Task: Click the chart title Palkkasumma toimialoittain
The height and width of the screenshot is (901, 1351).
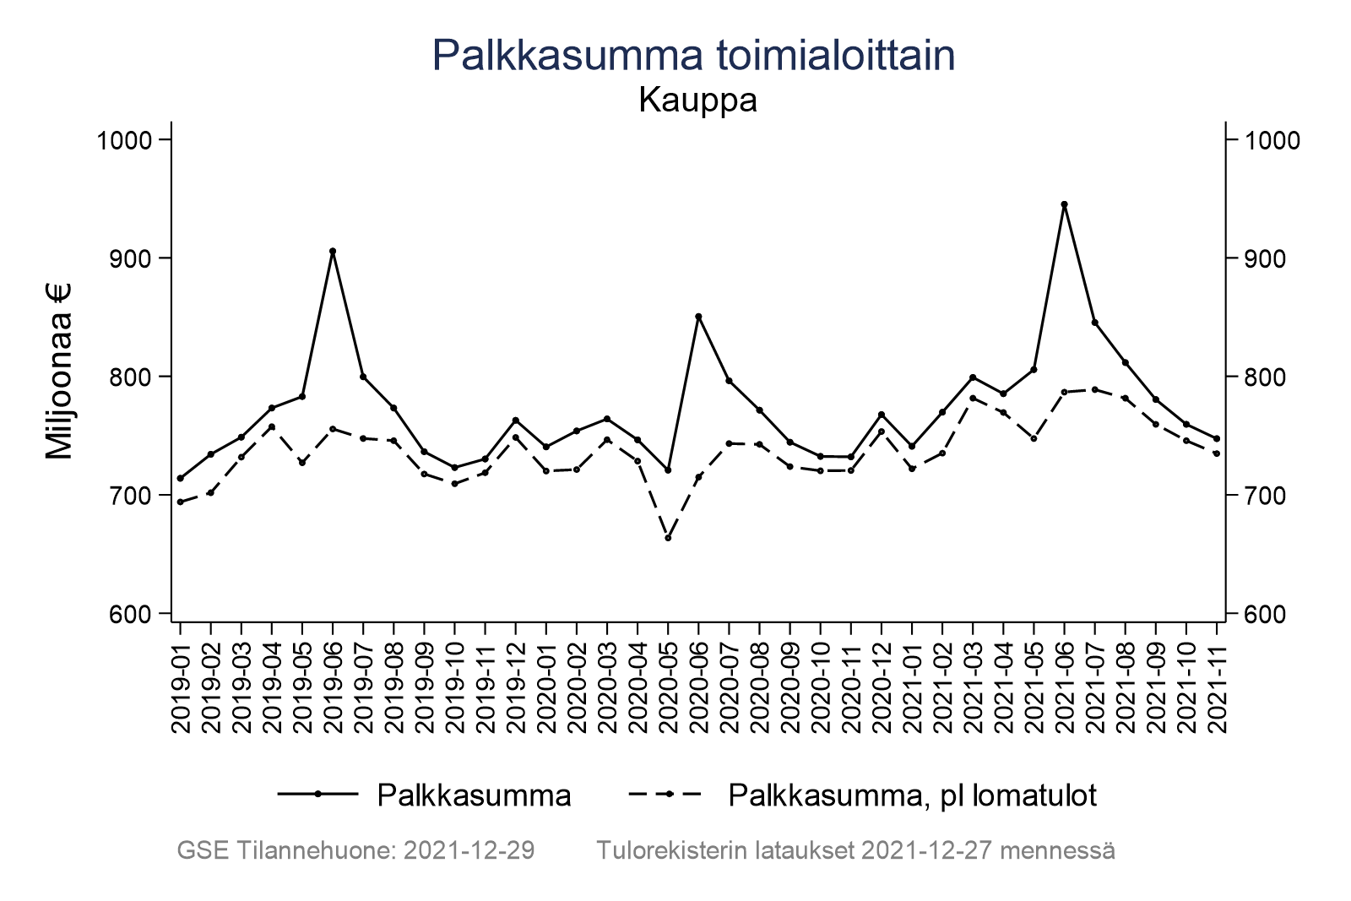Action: coord(693,56)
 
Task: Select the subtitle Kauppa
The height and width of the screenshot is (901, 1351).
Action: coord(697,100)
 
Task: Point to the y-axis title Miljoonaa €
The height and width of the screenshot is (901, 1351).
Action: coord(59,372)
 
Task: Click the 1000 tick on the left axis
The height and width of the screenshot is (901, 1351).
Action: coord(123,140)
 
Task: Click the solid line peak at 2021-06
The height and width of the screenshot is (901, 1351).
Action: coord(1064,204)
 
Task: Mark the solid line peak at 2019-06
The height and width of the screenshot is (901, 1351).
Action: coord(333,251)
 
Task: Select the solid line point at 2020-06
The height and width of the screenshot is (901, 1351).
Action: coord(698,317)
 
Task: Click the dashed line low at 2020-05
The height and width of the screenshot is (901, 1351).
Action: coord(668,538)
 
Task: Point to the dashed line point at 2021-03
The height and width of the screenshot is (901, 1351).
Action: coord(973,398)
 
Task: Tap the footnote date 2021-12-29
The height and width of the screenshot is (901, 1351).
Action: coord(469,850)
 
